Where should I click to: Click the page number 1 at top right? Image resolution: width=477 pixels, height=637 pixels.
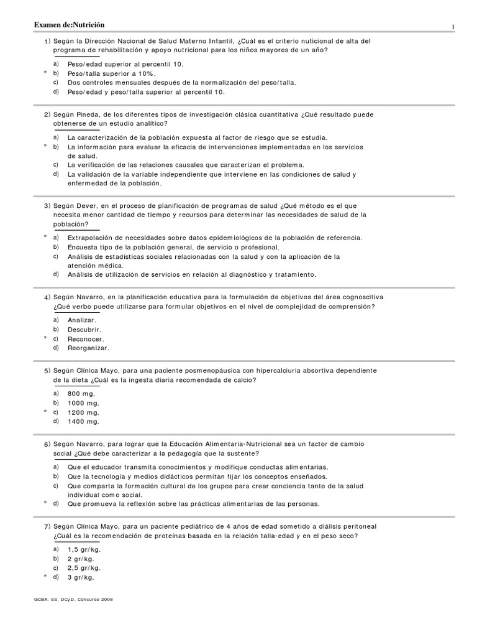[453, 27]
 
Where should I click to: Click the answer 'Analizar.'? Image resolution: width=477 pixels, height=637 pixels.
[82, 320]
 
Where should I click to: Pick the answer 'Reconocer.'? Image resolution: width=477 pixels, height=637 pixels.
[86, 338]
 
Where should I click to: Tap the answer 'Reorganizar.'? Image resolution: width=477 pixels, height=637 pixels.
[88, 348]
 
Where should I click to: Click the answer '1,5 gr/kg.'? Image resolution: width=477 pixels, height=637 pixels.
[84, 549]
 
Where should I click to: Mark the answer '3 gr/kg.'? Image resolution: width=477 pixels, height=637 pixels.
[81, 577]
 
